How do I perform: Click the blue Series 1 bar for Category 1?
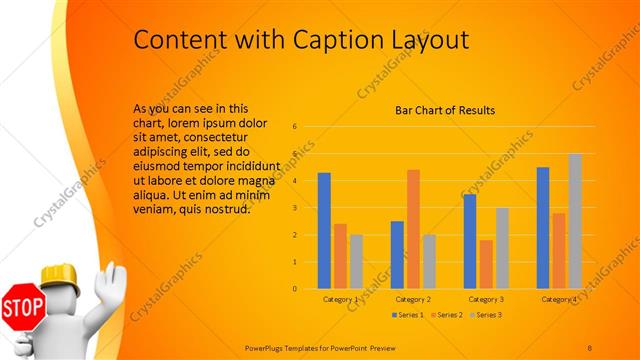(x=324, y=231)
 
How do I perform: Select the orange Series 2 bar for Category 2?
(x=413, y=229)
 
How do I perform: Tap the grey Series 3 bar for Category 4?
(x=575, y=221)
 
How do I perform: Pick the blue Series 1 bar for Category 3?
(x=469, y=241)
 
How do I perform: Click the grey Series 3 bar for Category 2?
(x=429, y=261)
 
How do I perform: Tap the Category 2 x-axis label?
(x=413, y=299)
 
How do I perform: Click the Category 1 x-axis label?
(x=341, y=299)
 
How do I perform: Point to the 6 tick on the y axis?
(x=295, y=127)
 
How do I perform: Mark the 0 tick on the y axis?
(x=295, y=289)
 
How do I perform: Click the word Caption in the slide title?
(x=339, y=40)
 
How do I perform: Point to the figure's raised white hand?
(x=113, y=280)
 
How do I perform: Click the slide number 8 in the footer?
(x=590, y=346)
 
